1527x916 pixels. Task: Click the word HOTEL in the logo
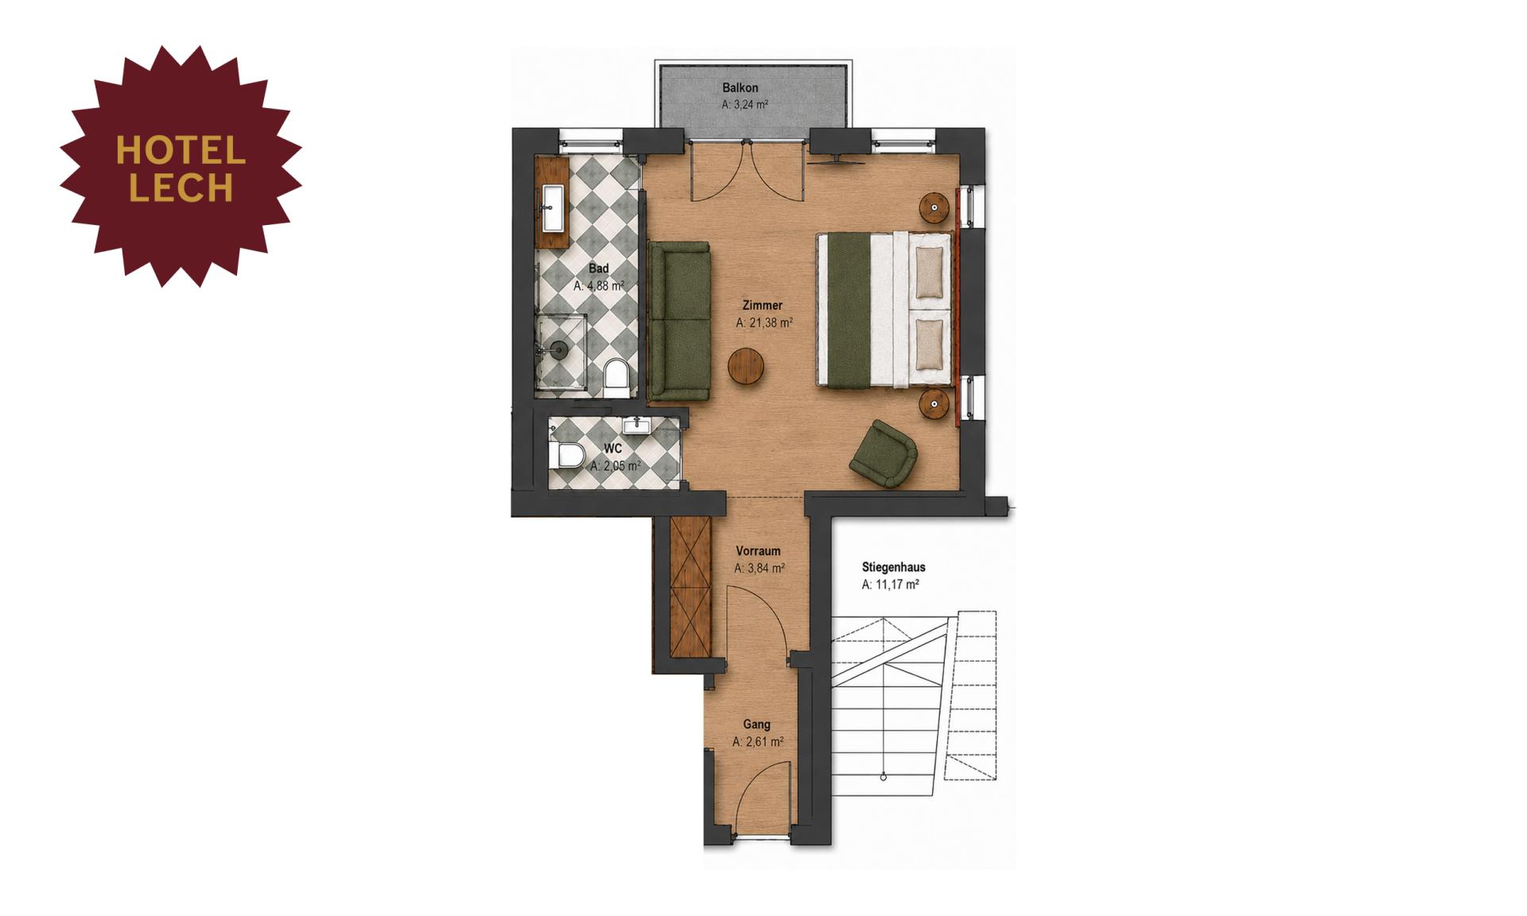[x=181, y=150]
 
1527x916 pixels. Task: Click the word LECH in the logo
[x=181, y=188]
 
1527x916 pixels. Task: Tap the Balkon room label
[x=740, y=87]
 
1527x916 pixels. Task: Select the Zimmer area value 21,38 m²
[x=763, y=323]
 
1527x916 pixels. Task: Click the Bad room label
[x=598, y=269]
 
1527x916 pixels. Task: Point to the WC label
[x=612, y=449]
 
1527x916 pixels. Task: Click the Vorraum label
[x=758, y=550]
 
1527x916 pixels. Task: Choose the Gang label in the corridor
[x=756, y=724]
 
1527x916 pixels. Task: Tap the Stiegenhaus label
[x=893, y=568]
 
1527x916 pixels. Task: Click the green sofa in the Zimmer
[x=678, y=321]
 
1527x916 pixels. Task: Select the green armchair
[x=884, y=453]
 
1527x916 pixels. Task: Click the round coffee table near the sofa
[x=746, y=367]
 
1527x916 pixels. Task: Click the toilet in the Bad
[x=616, y=378]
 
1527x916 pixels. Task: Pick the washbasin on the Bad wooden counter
[x=553, y=208]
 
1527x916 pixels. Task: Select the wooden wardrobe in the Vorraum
[x=690, y=587]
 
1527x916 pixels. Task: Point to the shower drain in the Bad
[x=559, y=349]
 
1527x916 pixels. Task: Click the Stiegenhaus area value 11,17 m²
[x=890, y=584]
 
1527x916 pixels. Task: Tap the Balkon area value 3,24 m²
[x=744, y=104]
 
